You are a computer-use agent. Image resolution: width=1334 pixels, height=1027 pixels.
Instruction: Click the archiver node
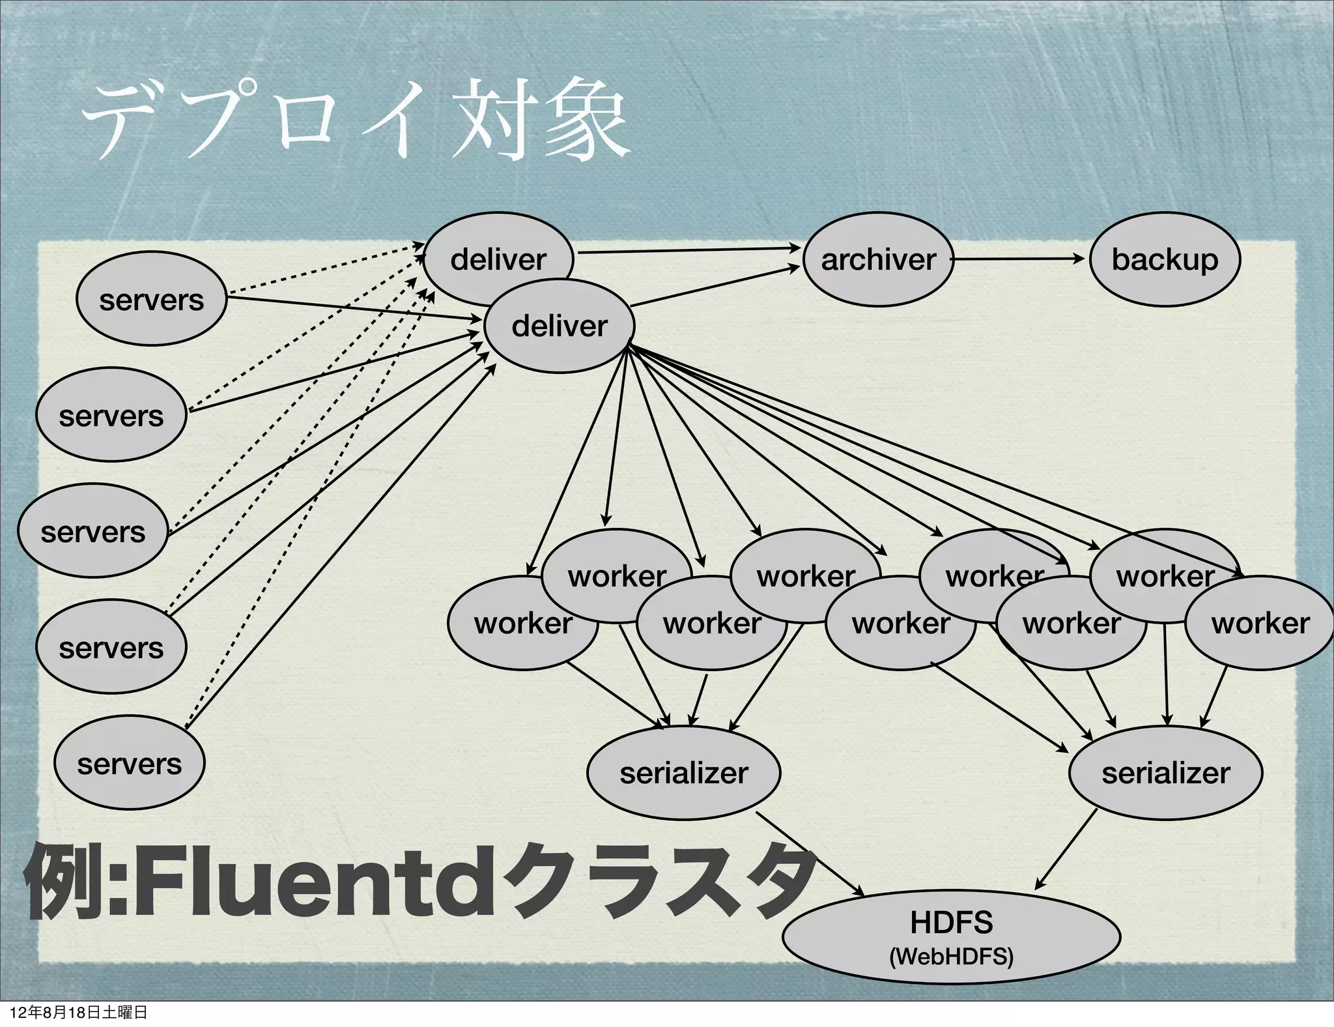click(x=878, y=259)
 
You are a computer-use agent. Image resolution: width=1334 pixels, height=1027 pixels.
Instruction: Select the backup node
click(x=1165, y=259)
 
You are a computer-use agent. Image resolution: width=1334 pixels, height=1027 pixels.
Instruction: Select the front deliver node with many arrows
click(x=559, y=326)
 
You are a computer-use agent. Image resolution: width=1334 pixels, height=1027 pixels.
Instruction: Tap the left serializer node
click(x=684, y=773)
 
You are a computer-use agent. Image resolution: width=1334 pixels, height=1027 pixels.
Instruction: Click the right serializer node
click(x=1166, y=773)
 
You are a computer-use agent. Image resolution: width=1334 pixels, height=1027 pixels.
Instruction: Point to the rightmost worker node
click(x=1260, y=624)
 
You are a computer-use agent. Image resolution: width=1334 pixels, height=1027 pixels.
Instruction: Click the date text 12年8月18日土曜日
click(x=78, y=1013)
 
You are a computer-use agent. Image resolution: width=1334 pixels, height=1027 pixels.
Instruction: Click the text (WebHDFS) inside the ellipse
click(x=951, y=957)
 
